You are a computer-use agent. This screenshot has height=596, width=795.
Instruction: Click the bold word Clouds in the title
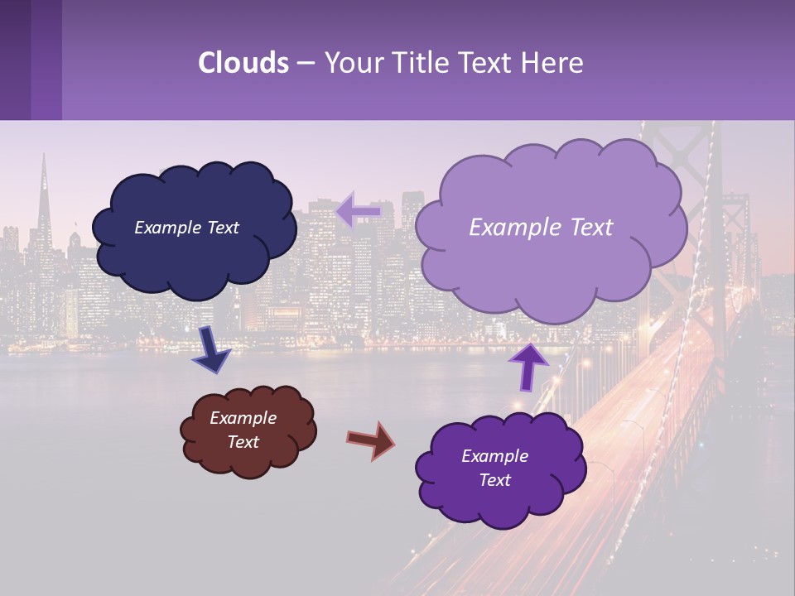click(x=243, y=62)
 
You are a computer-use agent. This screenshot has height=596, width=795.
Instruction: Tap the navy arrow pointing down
click(x=212, y=348)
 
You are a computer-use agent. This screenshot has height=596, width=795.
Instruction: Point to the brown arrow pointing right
click(x=371, y=440)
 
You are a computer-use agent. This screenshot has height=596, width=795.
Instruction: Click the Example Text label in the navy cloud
click(x=186, y=228)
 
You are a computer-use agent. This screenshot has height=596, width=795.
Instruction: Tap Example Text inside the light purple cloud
click(x=541, y=228)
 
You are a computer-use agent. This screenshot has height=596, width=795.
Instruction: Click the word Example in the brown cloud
click(x=243, y=418)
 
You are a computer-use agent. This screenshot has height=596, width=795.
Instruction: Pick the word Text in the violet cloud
click(x=494, y=480)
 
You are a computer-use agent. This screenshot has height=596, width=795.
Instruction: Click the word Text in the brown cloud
click(x=243, y=442)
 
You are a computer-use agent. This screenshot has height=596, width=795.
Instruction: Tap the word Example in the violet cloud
click(x=494, y=456)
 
